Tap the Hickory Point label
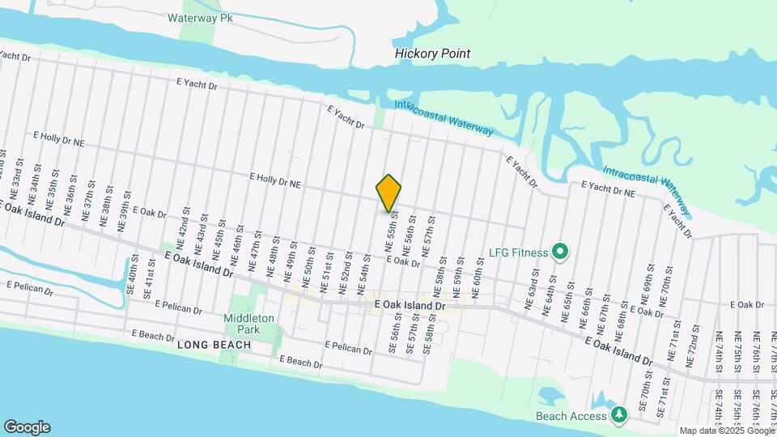(432, 53)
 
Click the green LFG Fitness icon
(558, 252)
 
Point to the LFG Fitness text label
(517, 252)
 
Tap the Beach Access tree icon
(619, 414)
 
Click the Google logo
(27, 426)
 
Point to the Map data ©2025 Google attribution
(726, 431)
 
